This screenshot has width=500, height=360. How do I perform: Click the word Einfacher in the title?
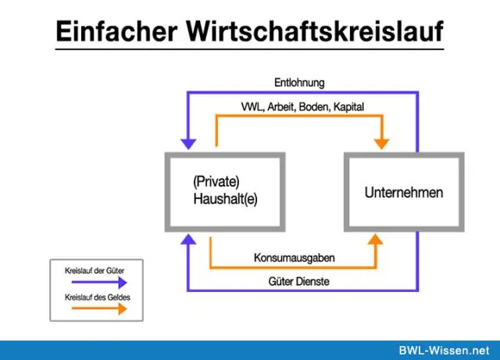click(x=116, y=31)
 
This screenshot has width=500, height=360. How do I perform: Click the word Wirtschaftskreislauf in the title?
click(x=314, y=31)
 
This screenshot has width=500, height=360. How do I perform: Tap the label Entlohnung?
click(x=299, y=83)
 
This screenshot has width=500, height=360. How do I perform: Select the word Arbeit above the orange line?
click(x=281, y=107)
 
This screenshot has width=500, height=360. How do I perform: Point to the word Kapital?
click(x=348, y=107)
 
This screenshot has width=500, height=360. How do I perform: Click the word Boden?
click(x=314, y=107)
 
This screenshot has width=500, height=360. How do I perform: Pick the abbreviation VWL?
click(x=252, y=107)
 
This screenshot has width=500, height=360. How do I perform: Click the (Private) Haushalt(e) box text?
click(x=225, y=191)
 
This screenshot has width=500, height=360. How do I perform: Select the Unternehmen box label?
click(x=404, y=193)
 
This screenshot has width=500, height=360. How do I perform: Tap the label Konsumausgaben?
click(x=295, y=258)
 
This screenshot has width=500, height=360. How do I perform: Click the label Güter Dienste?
click(x=298, y=282)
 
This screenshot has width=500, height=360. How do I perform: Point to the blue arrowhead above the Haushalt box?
click(x=188, y=144)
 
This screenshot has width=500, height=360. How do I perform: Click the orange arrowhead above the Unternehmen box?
click(x=382, y=144)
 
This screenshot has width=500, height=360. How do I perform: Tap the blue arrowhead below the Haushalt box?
click(x=188, y=239)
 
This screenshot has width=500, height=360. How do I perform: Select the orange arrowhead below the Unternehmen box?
click(x=376, y=239)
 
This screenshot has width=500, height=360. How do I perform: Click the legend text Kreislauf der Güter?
click(x=95, y=271)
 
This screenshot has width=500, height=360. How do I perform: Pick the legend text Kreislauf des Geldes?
click(x=98, y=298)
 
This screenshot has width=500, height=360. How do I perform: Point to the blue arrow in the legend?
click(x=99, y=282)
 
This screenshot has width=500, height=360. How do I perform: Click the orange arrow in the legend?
click(x=99, y=308)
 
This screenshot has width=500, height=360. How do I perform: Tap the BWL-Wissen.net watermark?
click(x=445, y=351)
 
